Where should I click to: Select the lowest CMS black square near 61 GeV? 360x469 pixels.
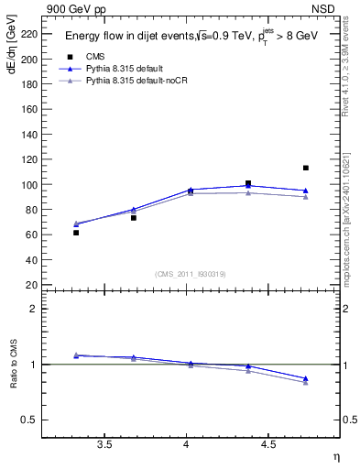pyautogui.click(x=76, y=233)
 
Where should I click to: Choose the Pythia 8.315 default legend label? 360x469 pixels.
pyautogui.click(x=128, y=69)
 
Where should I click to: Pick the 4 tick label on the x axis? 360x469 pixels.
pyautogui.click(x=187, y=444)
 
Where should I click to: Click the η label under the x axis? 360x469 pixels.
pyautogui.click(x=334, y=456)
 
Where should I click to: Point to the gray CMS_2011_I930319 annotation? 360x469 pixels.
pyautogui.click(x=190, y=274)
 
